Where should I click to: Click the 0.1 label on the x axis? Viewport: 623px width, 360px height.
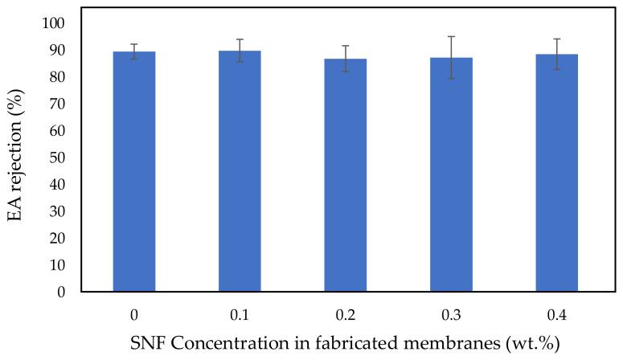(x=240, y=312)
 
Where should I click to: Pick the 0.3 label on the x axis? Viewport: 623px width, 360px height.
(x=451, y=312)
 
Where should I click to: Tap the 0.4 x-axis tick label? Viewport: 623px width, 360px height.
(x=556, y=312)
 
